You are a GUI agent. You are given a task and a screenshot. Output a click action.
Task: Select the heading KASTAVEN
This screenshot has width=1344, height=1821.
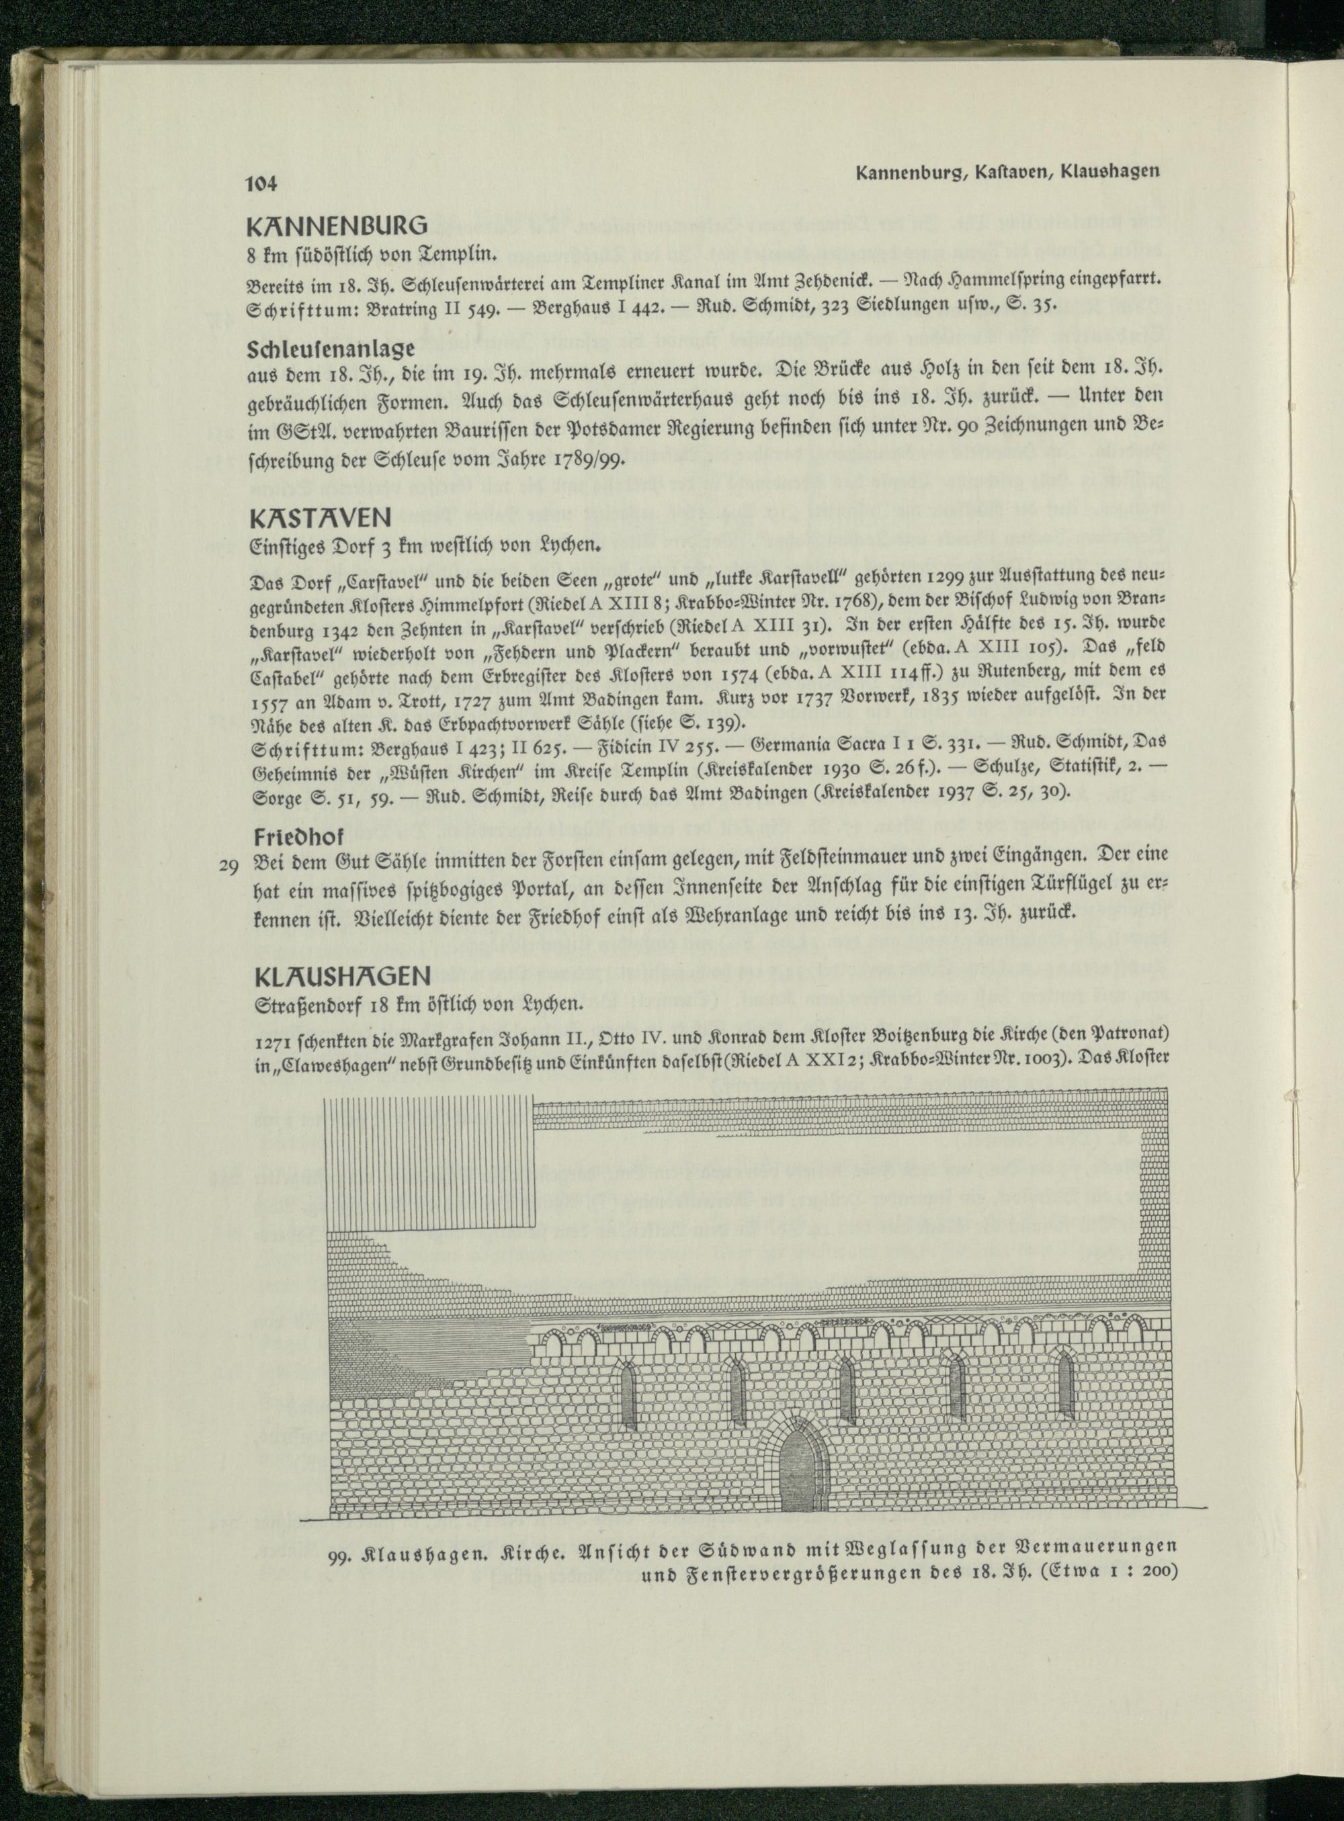tap(321, 517)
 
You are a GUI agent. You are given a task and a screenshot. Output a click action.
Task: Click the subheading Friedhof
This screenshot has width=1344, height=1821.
tap(298, 837)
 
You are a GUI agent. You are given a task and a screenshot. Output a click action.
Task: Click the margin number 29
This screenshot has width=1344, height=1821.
tap(228, 865)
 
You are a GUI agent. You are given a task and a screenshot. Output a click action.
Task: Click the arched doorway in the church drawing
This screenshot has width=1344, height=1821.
tap(801, 1478)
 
